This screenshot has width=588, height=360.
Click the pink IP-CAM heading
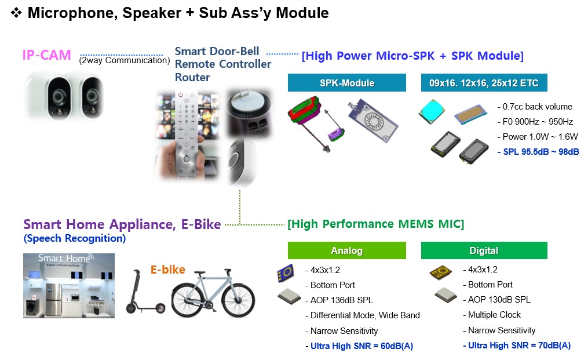click(46, 56)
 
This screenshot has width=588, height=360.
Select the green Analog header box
click(346, 250)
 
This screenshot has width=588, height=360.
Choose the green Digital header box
click(484, 250)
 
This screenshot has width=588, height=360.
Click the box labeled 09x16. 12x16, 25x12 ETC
click(484, 83)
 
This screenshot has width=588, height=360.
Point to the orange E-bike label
click(168, 270)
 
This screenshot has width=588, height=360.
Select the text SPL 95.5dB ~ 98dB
click(538, 152)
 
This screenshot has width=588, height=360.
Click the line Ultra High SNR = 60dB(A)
click(359, 346)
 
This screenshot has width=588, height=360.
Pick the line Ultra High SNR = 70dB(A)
click(517, 346)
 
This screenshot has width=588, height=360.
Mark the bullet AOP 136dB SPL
click(342, 300)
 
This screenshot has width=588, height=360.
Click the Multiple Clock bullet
click(494, 315)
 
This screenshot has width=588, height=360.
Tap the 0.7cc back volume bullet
click(535, 107)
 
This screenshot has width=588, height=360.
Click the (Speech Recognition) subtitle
click(74, 238)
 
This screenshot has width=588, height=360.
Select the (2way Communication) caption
click(124, 60)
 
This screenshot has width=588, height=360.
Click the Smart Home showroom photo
click(69, 285)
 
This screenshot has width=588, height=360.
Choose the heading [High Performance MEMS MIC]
click(375, 224)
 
